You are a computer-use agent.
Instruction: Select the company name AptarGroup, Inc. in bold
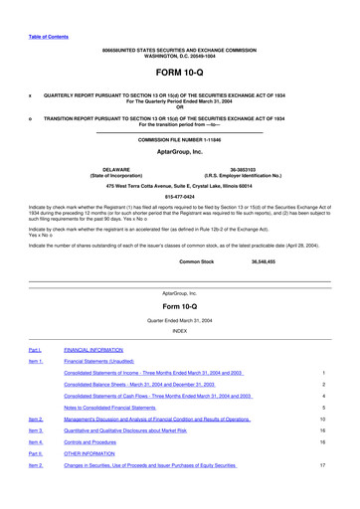(x=179, y=153)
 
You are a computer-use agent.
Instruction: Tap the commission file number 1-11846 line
(x=179, y=140)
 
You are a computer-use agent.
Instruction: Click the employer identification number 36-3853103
(x=247, y=169)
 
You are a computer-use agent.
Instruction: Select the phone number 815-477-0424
(x=179, y=196)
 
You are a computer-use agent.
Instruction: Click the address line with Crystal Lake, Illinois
(x=179, y=186)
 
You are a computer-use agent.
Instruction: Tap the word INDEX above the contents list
(x=179, y=330)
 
